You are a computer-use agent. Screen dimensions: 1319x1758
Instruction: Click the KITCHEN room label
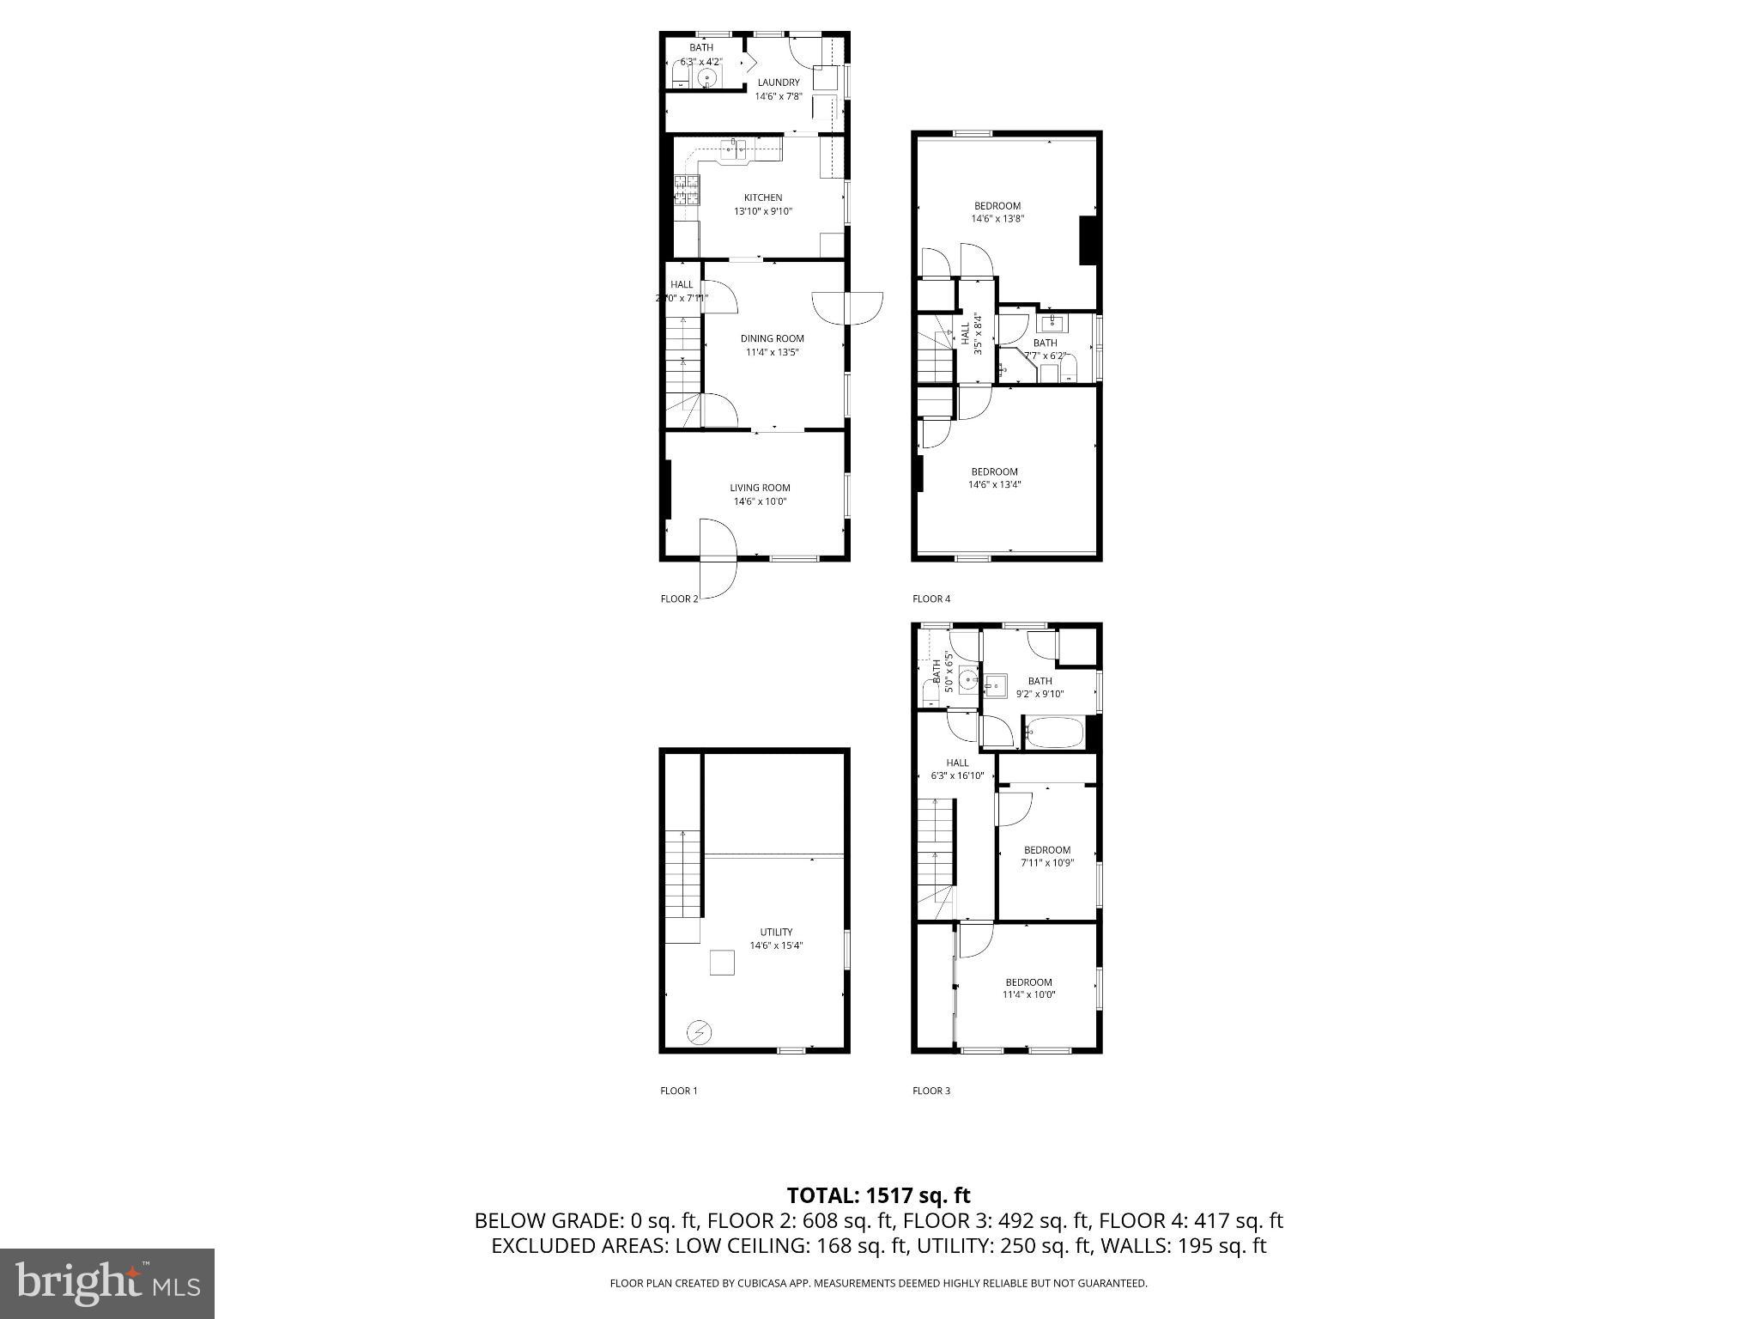(762, 198)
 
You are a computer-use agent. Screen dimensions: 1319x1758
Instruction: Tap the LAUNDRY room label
(778, 82)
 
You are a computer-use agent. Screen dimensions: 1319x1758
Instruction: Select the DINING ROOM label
(772, 338)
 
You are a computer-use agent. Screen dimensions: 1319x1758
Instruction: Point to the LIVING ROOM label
(760, 488)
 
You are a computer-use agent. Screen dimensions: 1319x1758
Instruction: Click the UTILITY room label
(776, 932)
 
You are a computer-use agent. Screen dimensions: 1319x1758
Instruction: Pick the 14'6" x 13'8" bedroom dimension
(997, 219)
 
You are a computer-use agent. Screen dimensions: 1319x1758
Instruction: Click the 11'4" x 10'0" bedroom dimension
(1028, 995)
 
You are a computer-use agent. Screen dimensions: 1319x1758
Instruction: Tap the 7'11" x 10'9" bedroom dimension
(1047, 863)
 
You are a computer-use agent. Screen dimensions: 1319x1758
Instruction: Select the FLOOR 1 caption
(678, 1091)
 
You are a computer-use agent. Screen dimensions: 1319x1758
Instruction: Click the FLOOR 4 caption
(931, 599)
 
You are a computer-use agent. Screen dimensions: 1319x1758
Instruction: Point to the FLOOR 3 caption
(931, 1091)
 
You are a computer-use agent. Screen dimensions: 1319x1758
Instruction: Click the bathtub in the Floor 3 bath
(1054, 733)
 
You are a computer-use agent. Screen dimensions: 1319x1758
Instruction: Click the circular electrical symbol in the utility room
(700, 1031)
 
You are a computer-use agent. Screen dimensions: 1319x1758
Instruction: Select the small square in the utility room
(722, 963)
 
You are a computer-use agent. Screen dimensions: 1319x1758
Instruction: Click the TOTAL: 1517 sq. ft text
(878, 1195)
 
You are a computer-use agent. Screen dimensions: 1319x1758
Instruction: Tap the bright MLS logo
(107, 1283)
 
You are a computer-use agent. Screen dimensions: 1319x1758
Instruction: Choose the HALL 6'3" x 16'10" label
(957, 769)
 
